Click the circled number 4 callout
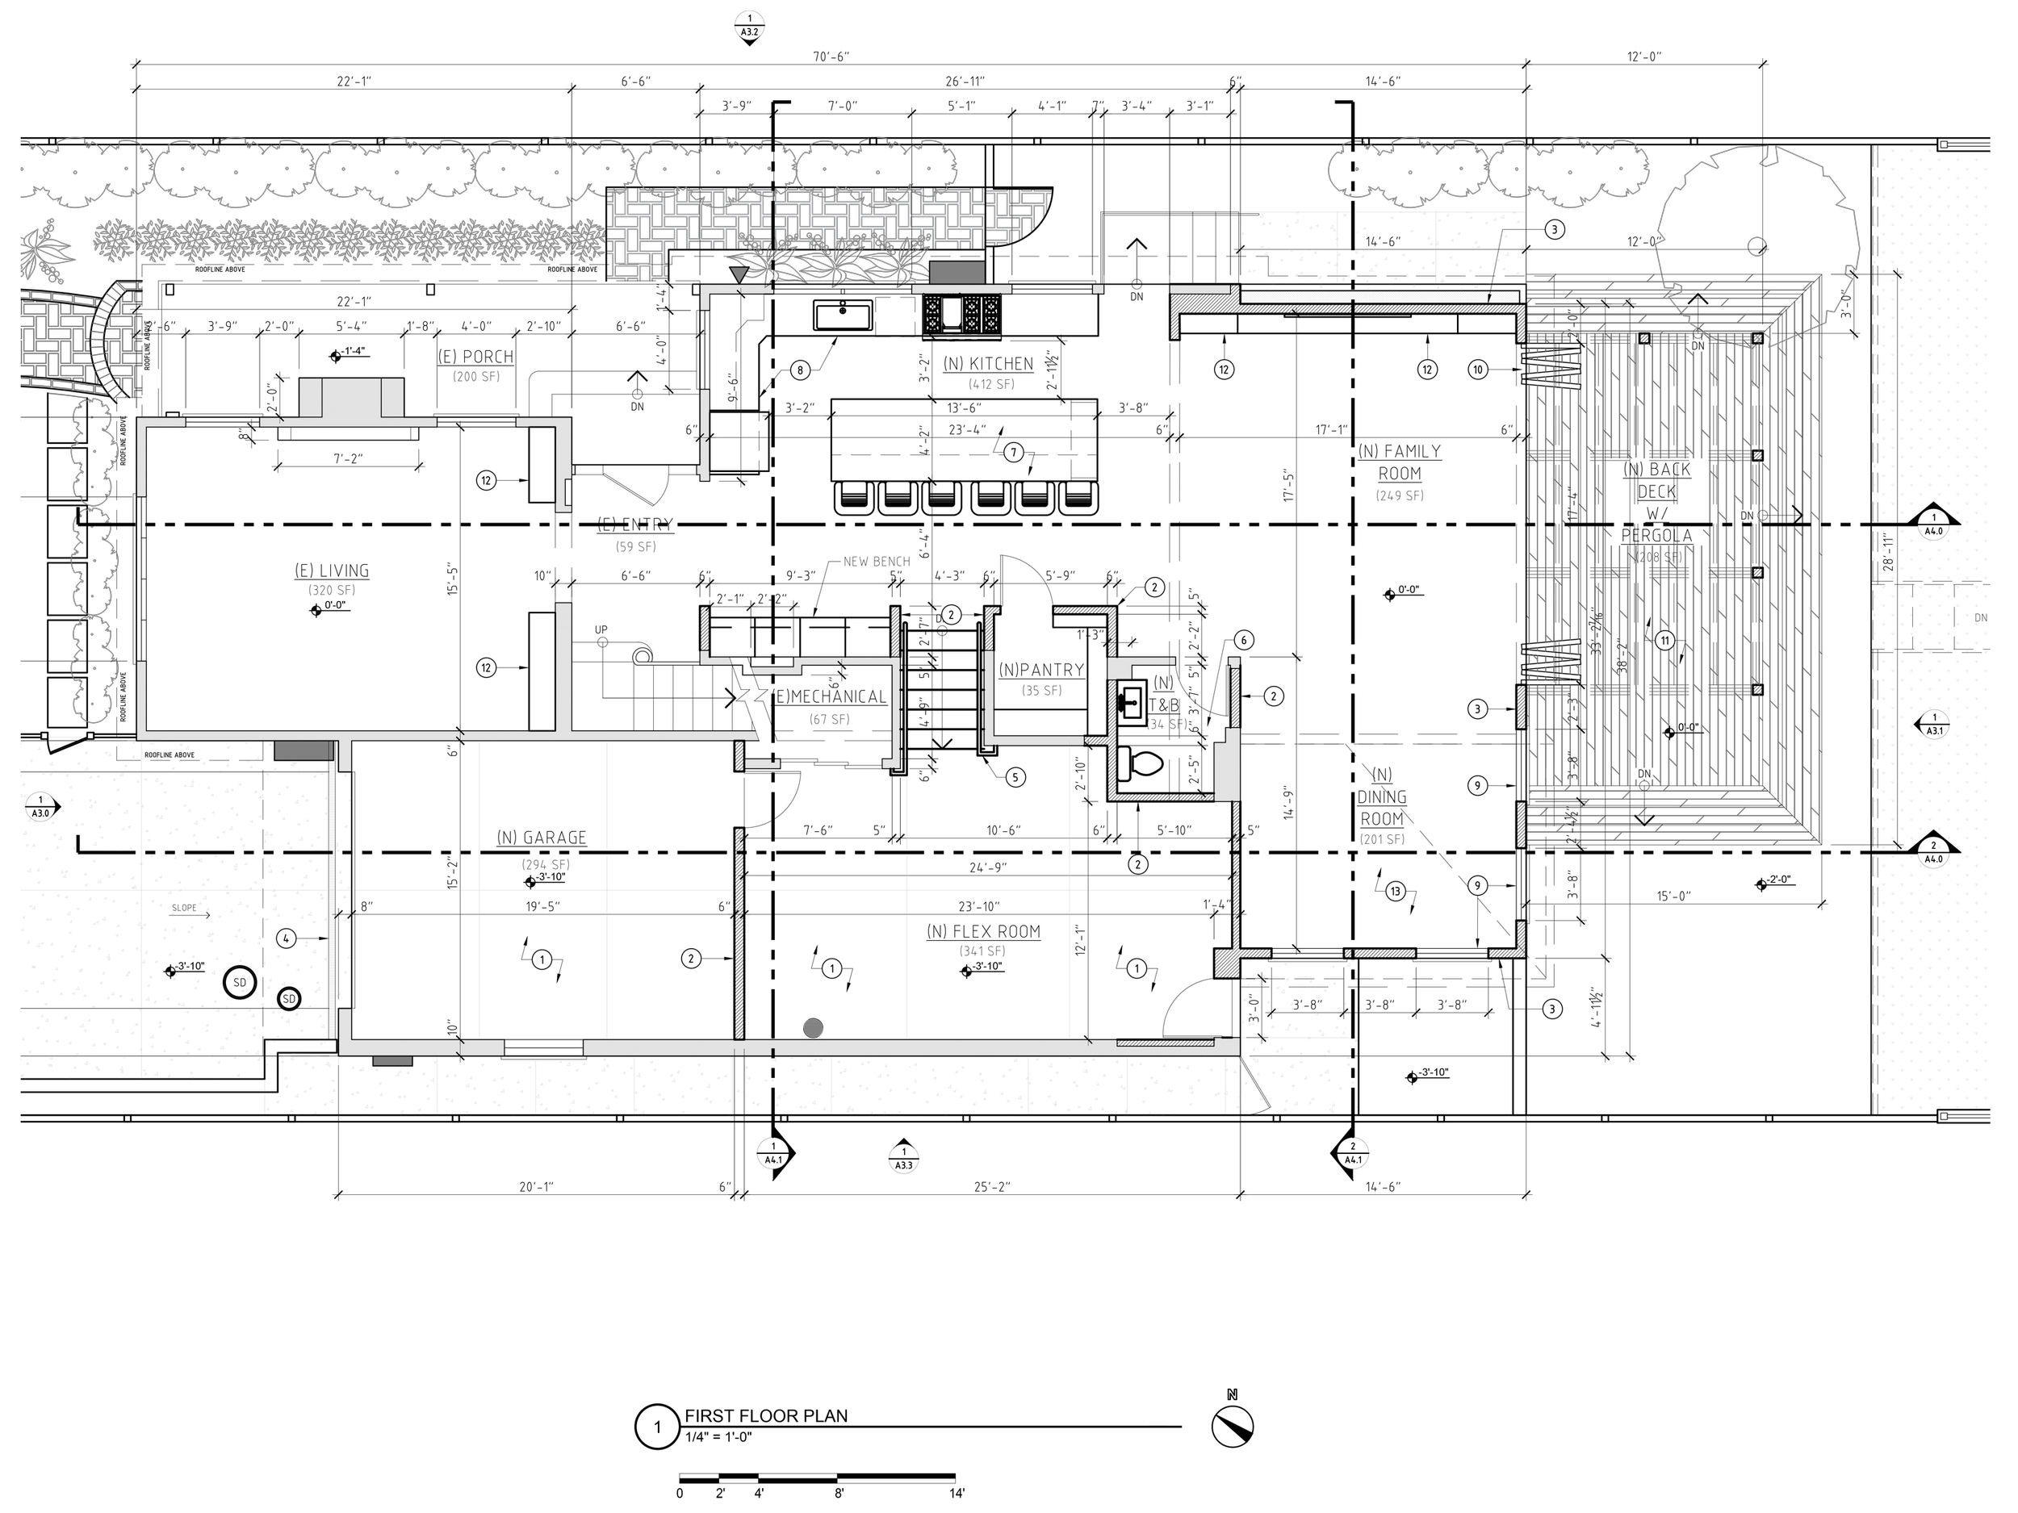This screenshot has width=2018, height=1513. pyautogui.click(x=286, y=938)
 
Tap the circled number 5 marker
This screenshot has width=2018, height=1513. pyautogui.click(x=1015, y=777)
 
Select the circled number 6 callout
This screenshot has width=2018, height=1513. pyautogui.click(x=1243, y=640)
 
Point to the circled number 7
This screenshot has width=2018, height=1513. pyautogui.click(x=1014, y=453)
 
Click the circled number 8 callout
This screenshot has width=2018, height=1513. pyautogui.click(x=800, y=370)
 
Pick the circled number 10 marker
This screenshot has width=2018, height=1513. pyautogui.click(x=1478, y=370)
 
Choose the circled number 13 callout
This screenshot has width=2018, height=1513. pyautogui.click(x=1395, y=891)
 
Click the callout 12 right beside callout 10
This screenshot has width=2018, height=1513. pyautogui.click(x=1428, y=370)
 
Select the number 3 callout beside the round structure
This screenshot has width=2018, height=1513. pyautogui.click(x=1555, y=230)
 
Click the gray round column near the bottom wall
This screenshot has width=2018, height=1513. pyautogui.click(x=813, y=1029)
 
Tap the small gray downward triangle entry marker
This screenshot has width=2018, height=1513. pyautogui.click(x=739, y=274)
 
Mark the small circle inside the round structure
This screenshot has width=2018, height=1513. pyautogui.click(x=1756, y=246)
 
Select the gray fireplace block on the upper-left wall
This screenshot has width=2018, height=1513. pyautogui.click(x=351, y=399)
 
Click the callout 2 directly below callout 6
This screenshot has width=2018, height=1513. pyautogui.click(x=1274, y=696)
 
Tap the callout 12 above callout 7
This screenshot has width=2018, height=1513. pyautogui.click(x=1225, y=370)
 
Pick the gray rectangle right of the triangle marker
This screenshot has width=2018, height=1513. pyautogui.click(x=957, y=273)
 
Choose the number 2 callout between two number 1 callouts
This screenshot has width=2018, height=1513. pyautogui.click(x=692, y=959)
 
